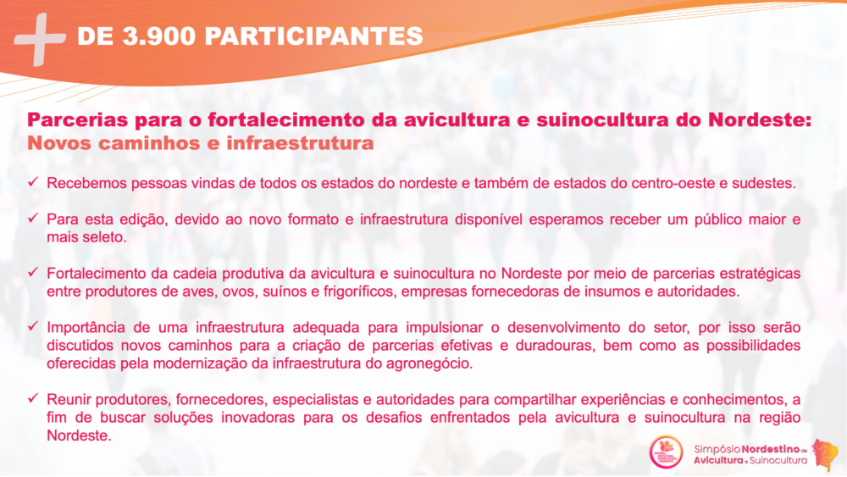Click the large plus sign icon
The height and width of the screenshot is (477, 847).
point(40,40)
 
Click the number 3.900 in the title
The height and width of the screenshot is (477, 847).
point(159,36)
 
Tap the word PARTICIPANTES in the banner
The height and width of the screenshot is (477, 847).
point(314,36)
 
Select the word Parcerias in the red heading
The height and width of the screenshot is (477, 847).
point(77,119)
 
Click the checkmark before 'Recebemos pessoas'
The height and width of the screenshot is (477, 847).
point(34,181)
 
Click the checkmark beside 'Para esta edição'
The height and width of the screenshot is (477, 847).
point(34,218)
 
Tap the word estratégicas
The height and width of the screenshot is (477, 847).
point(763,274)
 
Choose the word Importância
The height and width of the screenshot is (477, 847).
point(86,327)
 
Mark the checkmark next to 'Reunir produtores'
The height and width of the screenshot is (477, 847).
point(34,398)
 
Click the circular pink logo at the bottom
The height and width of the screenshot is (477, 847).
point(666,452)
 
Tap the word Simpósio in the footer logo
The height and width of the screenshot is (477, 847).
point(717,449)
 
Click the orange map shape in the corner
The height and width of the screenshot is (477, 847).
point(825,453)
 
